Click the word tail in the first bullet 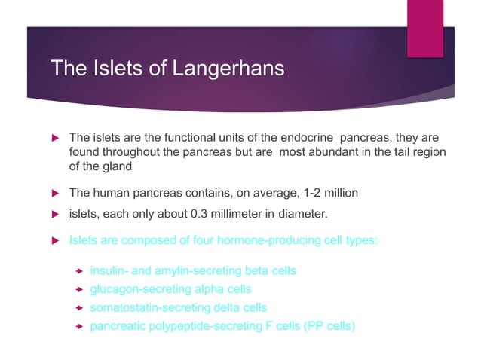392,153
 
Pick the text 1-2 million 328,194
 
